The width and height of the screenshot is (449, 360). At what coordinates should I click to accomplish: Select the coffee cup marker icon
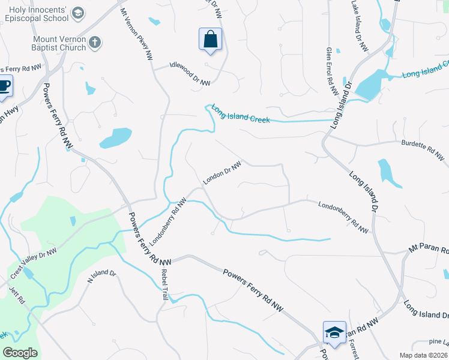[x=4, y=86]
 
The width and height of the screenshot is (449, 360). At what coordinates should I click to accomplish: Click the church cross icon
[x=94, y=42]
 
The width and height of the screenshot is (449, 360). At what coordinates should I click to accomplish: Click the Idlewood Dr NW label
[x=190, y=74]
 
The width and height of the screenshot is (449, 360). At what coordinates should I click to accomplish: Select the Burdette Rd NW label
[x=423, y=151]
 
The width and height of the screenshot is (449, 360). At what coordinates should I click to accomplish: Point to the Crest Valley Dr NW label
[x=33, y=263]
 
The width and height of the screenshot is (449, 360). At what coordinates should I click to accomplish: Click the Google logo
[x=20, y=353]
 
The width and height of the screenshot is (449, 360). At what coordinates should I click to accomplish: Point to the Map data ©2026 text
[x=424, y=355]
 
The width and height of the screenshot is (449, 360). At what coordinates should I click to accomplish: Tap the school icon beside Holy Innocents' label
[x=78, y=13]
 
